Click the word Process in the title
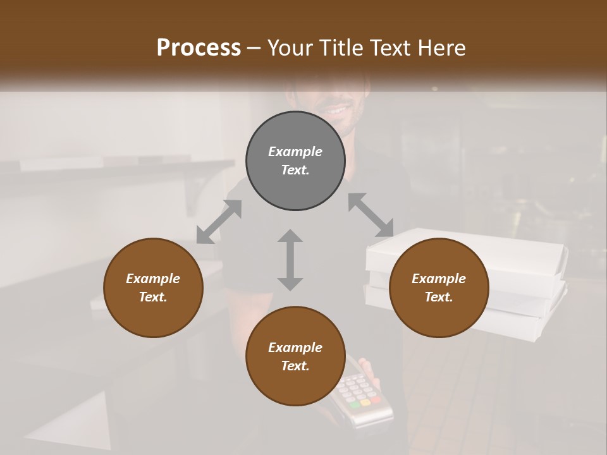[x=199, y=48]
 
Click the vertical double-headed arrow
[x=290, y=260]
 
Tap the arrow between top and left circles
[x=219, y=222]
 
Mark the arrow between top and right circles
[x=371, y=215]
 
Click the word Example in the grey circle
[x=295, y=152]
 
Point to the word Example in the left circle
[x=153, y=279]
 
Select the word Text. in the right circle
[x=439, y=297]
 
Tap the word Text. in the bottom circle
[x=295, y=366]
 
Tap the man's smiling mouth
[x=334, y=110]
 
